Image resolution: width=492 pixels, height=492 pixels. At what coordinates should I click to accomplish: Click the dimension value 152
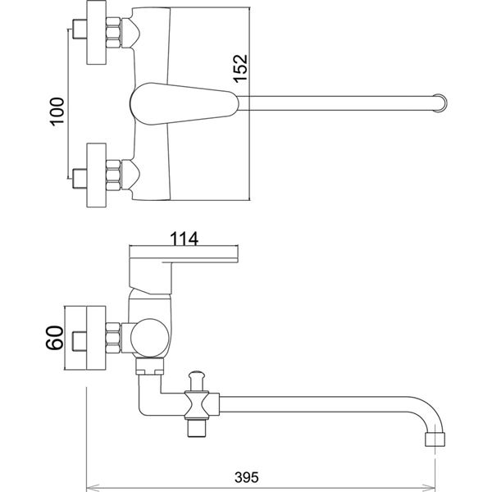pos(240,69)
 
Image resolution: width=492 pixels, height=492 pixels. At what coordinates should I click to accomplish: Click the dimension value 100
pos(57,112)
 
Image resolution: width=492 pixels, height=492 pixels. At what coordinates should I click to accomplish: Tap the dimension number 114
pos(184,239)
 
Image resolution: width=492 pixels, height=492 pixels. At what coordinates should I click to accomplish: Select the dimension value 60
pos(55,338)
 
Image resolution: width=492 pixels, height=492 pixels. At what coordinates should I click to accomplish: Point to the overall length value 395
pos(247,477)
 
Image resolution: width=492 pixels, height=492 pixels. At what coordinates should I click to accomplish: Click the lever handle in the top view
pos(184,103)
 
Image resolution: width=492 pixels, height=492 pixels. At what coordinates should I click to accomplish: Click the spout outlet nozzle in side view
pos(435,440)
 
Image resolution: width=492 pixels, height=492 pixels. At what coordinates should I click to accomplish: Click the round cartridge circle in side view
pos(149,338)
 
